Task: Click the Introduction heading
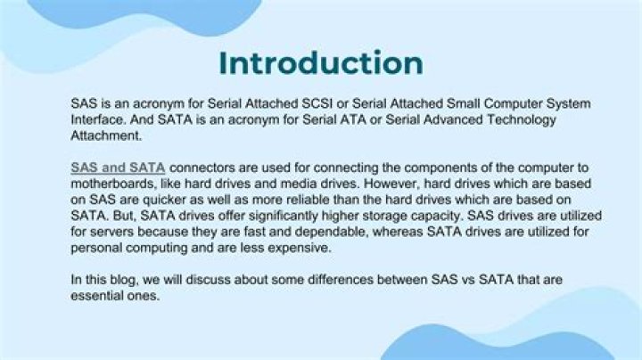click(321, 63)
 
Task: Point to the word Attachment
click(106, 136)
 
